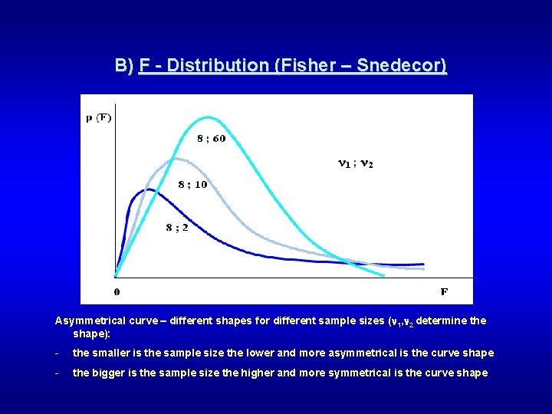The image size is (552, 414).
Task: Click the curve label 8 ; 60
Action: (211, 139)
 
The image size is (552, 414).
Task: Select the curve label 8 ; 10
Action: (192, 185)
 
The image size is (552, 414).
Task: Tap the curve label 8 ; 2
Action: (176, 228)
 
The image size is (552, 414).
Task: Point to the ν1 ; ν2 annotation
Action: (356, 163)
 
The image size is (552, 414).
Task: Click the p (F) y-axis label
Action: (99, 118)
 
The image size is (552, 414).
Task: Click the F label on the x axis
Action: (444, 291)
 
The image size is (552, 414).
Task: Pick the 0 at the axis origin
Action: (117, 291)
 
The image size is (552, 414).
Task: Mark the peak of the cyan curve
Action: (207, 117)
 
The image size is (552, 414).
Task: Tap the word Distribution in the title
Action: (217, 65)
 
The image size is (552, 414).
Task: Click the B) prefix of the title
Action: (124, 65)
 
